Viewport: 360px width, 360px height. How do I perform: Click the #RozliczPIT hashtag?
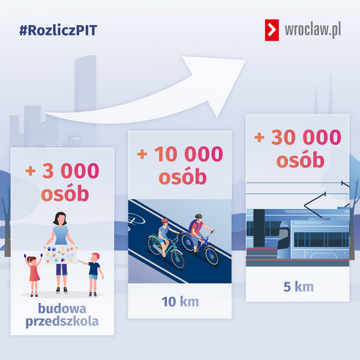click(58, 31)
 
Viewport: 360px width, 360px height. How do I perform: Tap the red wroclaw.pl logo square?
click(272, 30)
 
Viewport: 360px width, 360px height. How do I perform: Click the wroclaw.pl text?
click(313, 30)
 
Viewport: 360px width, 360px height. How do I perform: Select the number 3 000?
click(71, 170)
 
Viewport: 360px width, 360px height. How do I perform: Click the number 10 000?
click(188, 154)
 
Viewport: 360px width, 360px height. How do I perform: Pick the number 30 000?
click(306, 137)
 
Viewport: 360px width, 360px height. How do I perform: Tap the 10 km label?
click(180, 301)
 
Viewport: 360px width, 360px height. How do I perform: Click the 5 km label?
click(298, 287)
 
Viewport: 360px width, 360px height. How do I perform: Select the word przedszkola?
click(62, 322)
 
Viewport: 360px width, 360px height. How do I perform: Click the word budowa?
click(62, 308)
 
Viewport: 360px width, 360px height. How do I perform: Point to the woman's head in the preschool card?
click(60, 218)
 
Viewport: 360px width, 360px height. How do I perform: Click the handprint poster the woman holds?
click(61, 254)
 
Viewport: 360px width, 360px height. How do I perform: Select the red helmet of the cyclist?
click(164, 221)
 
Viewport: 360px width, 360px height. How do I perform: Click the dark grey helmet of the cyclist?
click(199, 216)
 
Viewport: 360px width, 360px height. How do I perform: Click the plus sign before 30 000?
click(259, 137)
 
